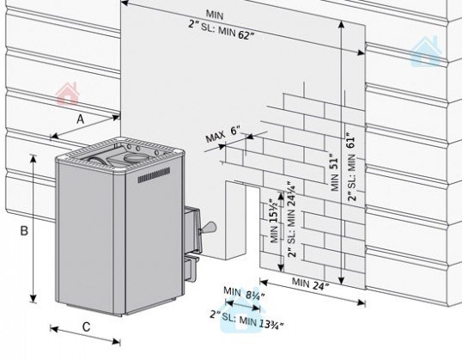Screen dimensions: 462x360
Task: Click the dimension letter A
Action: point(81,119)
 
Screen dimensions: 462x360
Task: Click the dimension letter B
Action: point(24,230)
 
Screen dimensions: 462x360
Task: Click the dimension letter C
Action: point(86,327)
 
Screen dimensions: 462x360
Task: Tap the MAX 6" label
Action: point(222,134)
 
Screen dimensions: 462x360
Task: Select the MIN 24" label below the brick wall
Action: point(310,284)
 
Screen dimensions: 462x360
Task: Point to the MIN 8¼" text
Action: point(244,293)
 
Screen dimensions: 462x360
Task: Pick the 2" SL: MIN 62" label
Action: point(222,30)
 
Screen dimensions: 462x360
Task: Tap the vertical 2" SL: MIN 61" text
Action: point(351,167)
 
